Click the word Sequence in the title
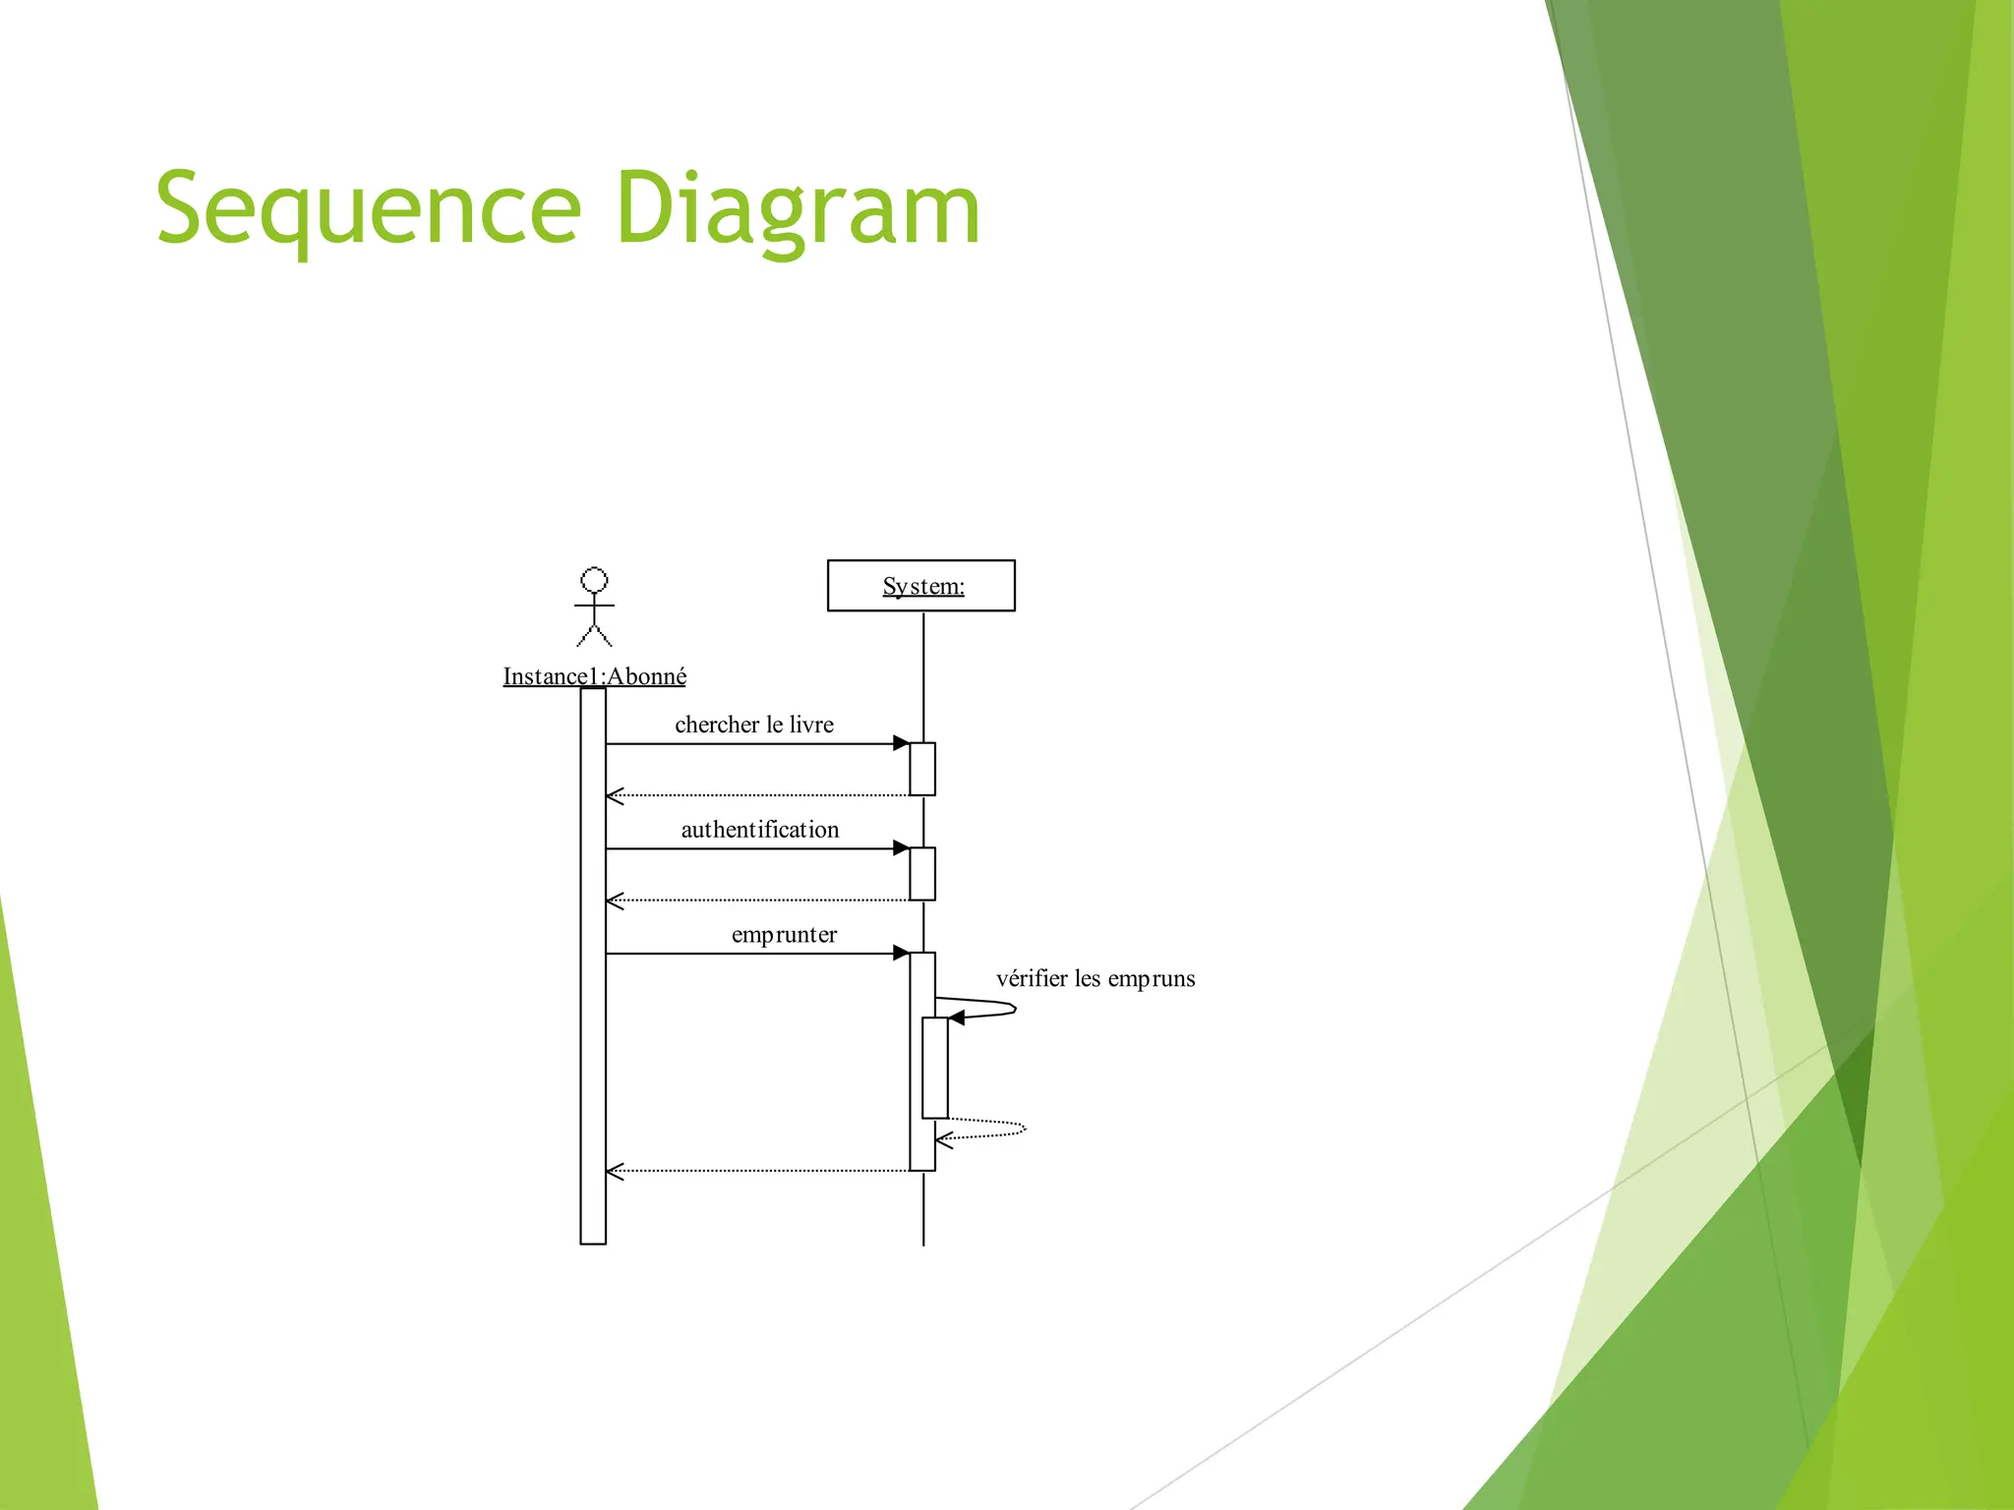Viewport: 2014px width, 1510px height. (369, 209)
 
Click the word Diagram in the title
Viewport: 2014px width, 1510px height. (798, 209)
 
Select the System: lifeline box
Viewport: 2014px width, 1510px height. (921, 586)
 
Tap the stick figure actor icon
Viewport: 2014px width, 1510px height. (594, 609)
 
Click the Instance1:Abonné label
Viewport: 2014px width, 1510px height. (594, 676)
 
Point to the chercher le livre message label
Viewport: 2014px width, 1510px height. (754, 725)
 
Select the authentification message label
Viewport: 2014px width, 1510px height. (760, 830)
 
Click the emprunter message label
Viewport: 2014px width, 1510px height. (784, 935)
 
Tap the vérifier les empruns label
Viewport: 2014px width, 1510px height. (1096, 979)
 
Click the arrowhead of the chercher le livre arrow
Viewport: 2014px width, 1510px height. (901, 743)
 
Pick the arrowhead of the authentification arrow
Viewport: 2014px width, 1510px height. (901, 848)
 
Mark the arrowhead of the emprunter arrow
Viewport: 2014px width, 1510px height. (901, 953)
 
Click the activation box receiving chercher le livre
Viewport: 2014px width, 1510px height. (922, 769)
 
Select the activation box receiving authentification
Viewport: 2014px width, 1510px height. (922, 874)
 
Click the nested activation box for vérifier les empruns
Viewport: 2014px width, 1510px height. (935, 1068)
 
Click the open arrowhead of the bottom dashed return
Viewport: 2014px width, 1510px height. (615, 1171)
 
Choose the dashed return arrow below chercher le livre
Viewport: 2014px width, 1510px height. (757, 794)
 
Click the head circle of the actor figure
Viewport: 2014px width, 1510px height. (594, 580)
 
